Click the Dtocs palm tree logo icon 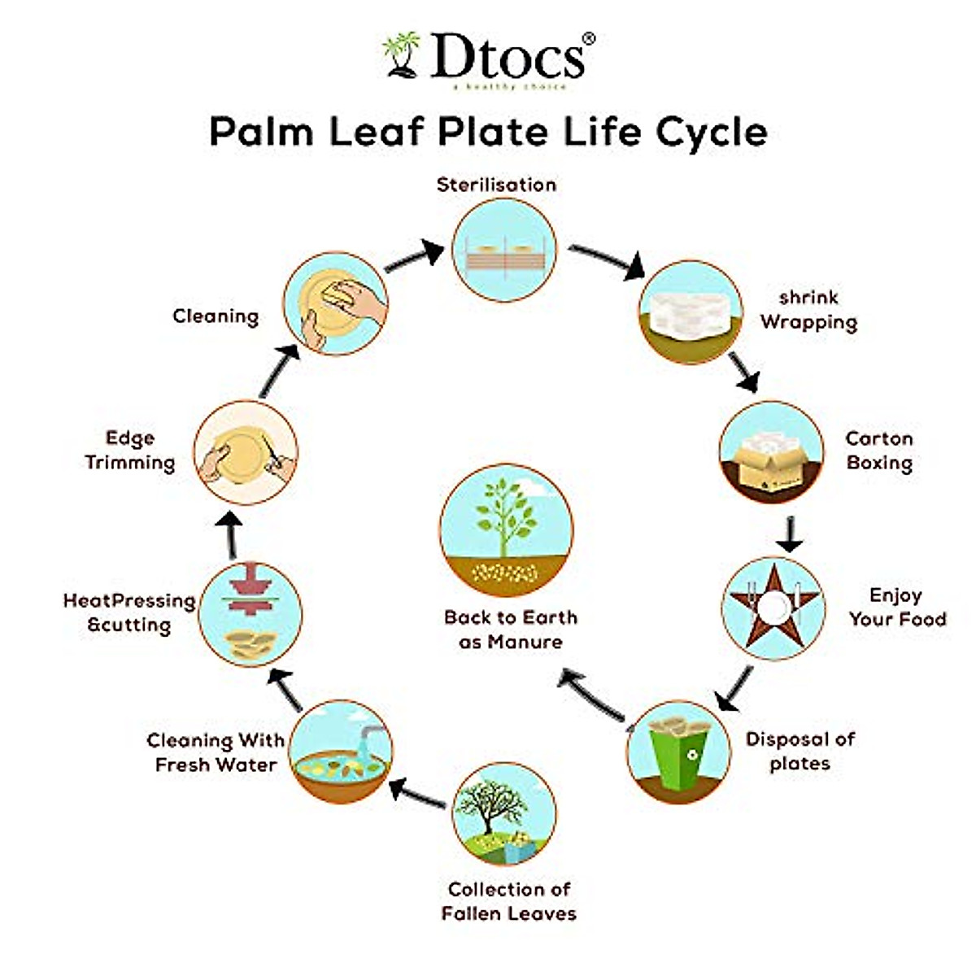point(401,55)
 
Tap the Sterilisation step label point(496,185)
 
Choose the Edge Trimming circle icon point(246,452)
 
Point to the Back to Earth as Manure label point(510,630)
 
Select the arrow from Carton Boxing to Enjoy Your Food point(788,534)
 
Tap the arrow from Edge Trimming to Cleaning point(277,370)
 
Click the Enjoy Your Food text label point(897,607)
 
